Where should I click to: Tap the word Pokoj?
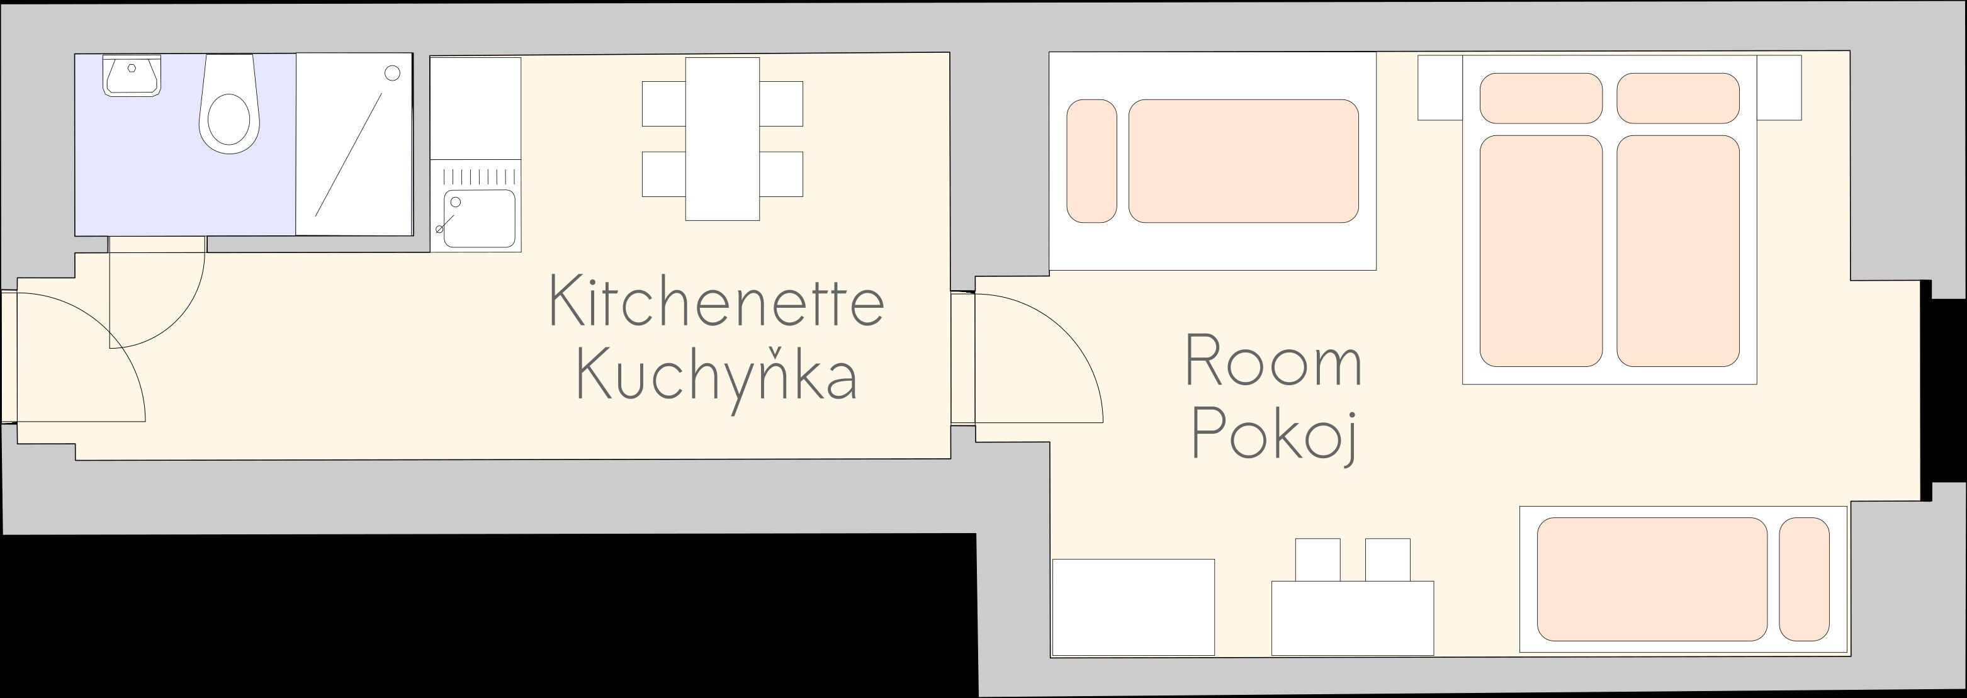(1273, 434)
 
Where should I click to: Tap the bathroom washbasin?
(132, 76)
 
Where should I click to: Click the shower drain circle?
(393, 73)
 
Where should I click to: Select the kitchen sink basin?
(480, 218)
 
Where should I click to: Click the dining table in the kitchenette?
(721, 139)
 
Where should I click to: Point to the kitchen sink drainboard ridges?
(480, 176)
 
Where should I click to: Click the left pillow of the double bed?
(1540, 98)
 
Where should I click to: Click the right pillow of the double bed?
(1677, 98)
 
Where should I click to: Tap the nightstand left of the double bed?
(1440, 87)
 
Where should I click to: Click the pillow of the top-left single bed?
(1091, 161)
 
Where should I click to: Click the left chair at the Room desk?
(1317, 559)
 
